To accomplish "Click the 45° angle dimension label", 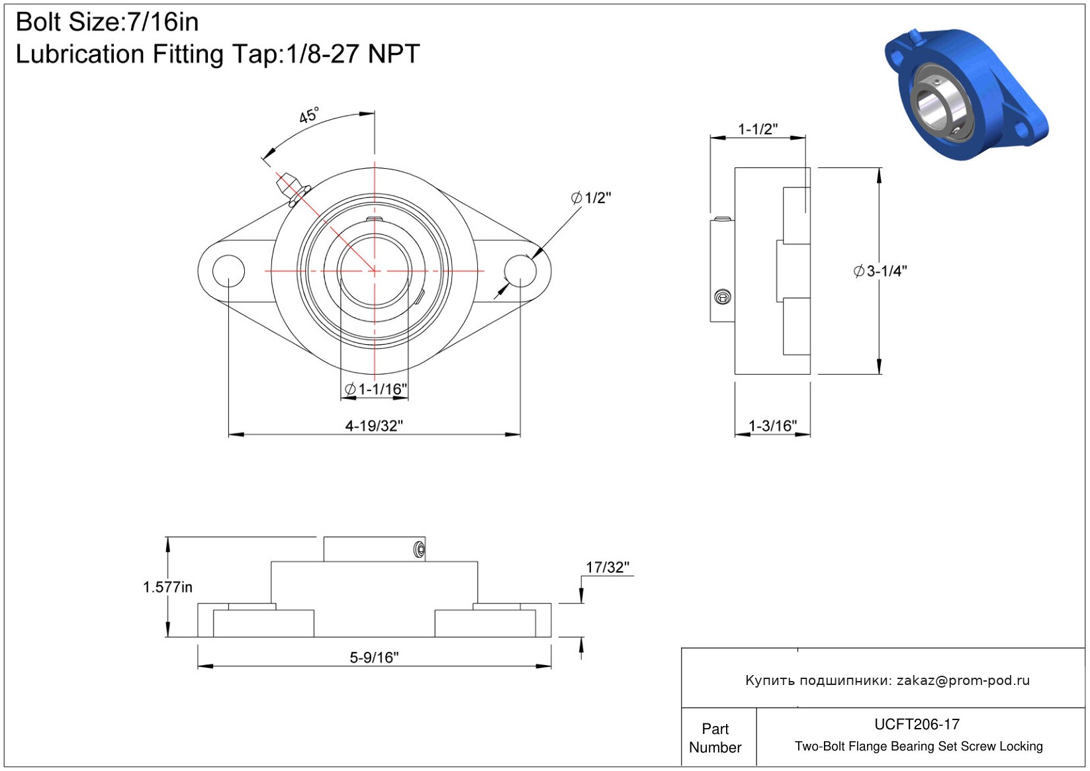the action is click(x=309, y=115).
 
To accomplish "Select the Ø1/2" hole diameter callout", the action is click(x=591, y=198).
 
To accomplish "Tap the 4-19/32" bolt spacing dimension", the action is click(x=374, y=426).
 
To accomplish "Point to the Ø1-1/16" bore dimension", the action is click(x=376, y=389).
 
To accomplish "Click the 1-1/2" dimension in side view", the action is click(x=758, y=129).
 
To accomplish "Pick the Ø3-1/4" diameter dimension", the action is click(x=880, y=271).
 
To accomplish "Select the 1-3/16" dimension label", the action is click(x=772, y=426).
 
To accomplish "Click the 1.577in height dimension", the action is click(x=167, y=588).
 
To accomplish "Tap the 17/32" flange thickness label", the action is click(x=608, y=567).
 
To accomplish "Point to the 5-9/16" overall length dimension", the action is click(x=374, y=658).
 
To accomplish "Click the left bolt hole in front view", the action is click(x=229, y=271).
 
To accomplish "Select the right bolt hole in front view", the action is click(x=520, y=271).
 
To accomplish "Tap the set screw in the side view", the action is click(x=723, y=297).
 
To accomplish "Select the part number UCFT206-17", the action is click(x=917, y=724).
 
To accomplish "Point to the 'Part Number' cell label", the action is click(x=715, y=738).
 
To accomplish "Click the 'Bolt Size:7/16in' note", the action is click(x=107, y=22).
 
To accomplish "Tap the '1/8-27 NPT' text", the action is click(x=353, y=54).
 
